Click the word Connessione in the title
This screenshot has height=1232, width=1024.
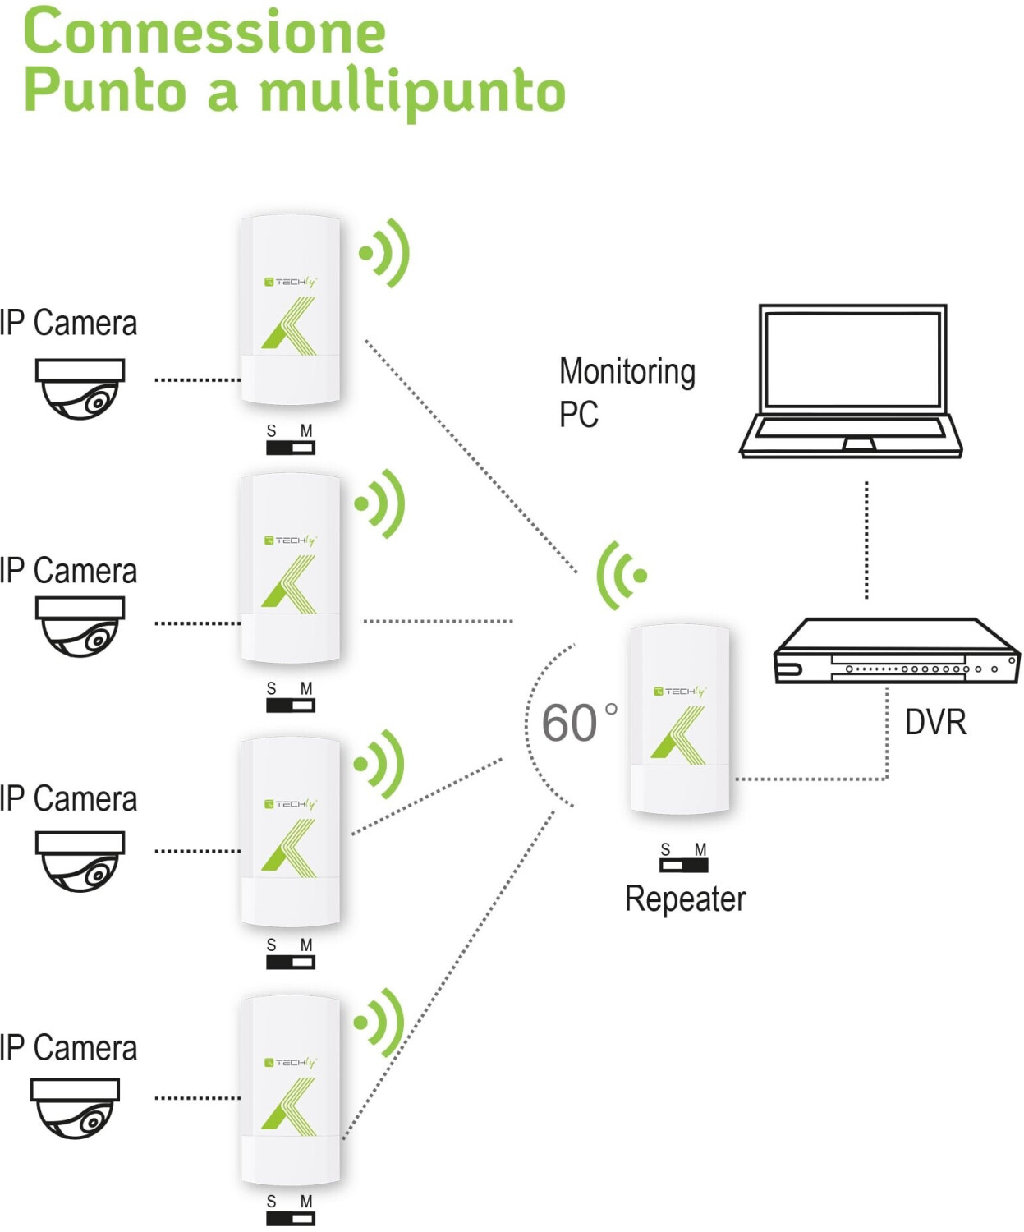coord(204,32)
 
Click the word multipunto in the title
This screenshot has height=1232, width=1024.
coord(413,94)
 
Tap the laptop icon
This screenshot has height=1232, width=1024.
coord(851,381)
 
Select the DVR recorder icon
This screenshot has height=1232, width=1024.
coord(897,650)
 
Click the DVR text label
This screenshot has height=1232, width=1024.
coord(935,722)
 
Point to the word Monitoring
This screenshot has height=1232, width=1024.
coord(627,372)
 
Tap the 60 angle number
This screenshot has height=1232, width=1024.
coord(569,723)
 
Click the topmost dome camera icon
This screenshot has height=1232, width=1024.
coord(80,388)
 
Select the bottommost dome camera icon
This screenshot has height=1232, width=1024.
coord(75,1108)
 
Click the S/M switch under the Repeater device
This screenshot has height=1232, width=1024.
coord(684,865)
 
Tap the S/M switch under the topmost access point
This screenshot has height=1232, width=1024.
coord(290,448)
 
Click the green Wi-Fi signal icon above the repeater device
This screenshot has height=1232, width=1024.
coord(622,575)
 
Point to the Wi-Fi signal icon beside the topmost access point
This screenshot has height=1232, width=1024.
coord(384,253)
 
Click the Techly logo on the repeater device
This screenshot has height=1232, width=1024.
coord(680,691)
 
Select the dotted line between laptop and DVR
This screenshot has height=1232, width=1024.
coord(866,540)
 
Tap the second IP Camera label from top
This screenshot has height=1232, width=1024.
coord(68,571)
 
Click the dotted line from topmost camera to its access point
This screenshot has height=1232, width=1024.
coord(198,380)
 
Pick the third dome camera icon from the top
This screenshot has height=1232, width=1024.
coord(80,862)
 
